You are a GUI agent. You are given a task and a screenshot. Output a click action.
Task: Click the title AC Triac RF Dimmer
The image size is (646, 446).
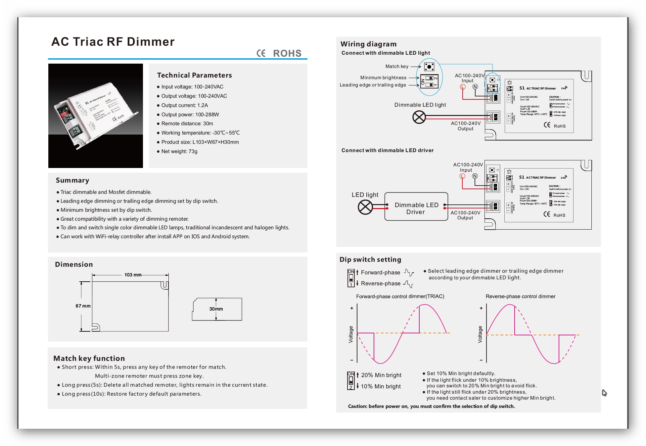pyautogui.click(x=113, y=42)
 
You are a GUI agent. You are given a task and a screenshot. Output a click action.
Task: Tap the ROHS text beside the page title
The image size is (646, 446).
pyautogui.click(x=287, y=53)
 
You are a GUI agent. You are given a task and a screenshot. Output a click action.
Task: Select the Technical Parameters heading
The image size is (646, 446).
pyautogui.click(x=194, y=75)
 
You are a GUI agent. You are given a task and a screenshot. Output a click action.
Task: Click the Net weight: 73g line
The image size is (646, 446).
pyautogui.click(x=179, y=151)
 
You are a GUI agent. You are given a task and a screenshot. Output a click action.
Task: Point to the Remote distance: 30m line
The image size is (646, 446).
pyautogui.click(x=187, y=124)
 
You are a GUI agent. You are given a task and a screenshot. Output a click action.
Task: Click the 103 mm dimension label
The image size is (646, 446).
pyautogui.click(x=133, y=275)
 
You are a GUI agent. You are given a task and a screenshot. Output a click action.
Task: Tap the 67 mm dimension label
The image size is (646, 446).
pyautogui.click(x=83, y=306)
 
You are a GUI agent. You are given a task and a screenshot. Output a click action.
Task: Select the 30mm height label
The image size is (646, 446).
pyautogui.click(x=216, y=309)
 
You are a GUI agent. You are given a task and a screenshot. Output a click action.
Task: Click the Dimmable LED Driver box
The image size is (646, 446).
pyautogui.click(x=416, y=207)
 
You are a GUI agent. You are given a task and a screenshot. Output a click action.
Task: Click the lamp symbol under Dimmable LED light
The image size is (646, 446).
pyautogui.click(x=419, y=117)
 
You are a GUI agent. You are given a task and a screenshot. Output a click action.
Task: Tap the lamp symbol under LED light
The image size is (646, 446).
pyautogui.click(x=365, y=207)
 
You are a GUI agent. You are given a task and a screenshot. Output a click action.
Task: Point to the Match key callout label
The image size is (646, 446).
pyautogui.click(x=397, y=66)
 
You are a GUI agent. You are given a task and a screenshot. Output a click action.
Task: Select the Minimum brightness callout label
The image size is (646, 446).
pyautogui.click(x=383, y=78)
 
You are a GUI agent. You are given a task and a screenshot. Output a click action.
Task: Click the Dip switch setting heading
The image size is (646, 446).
pyautogui.click(x=370, y=259)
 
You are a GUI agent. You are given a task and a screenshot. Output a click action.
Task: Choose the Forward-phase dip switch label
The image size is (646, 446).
pyautogui.click(x=380, y=272)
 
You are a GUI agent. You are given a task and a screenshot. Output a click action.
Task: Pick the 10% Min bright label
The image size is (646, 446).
pyautogui.click(x=381, y=386)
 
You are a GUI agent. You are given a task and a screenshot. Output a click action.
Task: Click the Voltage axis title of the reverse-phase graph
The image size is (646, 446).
pyautogui.click(x=480, y=334)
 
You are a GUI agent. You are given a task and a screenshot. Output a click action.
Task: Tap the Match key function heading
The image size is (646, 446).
pyautogui.click(x=89, y=358)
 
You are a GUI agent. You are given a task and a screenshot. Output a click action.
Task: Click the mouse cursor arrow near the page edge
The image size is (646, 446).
pyautogui.click(x=604, y=393)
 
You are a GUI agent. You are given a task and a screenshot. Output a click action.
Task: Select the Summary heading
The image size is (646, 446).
pyautogui.click(x=72, y=180)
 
